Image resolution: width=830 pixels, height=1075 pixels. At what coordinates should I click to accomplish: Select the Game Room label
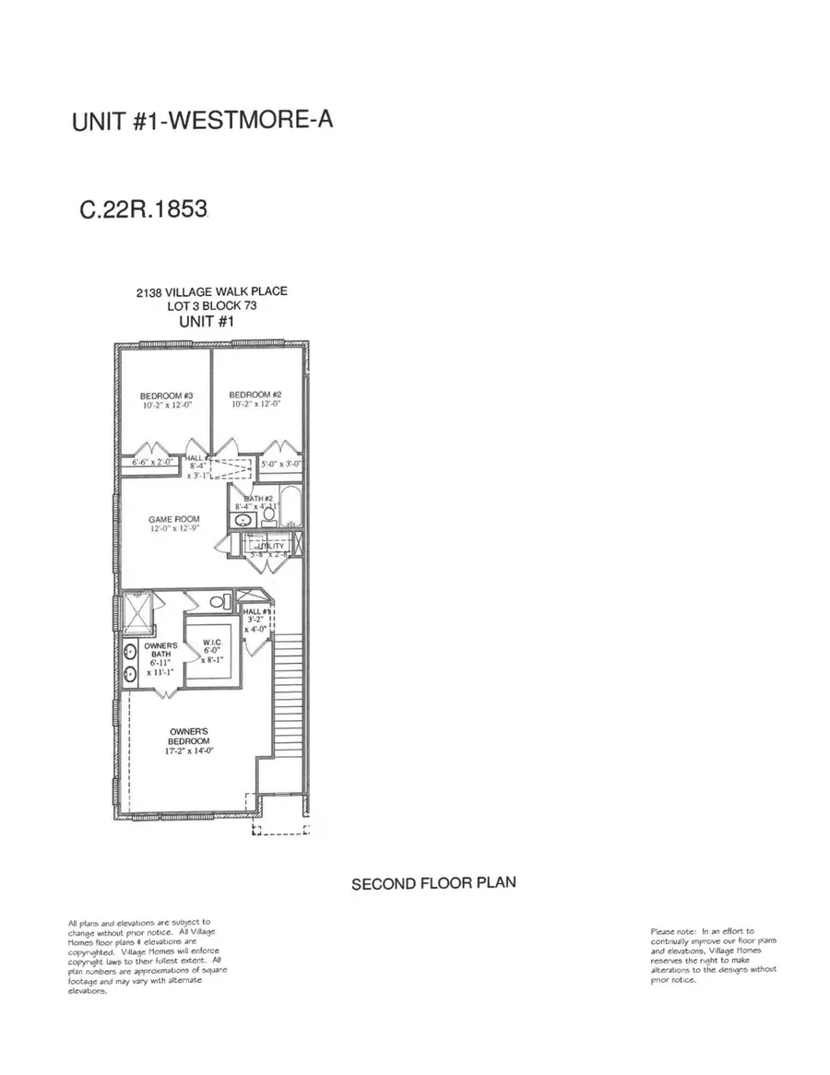[174, 519]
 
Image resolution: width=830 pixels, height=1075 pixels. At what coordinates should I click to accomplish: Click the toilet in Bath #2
[267, 519]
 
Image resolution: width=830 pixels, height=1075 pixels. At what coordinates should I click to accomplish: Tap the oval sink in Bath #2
[243, 520]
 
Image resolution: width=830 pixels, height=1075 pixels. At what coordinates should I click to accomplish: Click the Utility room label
[270, 547]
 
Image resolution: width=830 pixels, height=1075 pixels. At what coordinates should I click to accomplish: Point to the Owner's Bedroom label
[189, 736]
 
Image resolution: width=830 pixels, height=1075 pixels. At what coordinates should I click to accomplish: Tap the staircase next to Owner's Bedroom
[290, 701]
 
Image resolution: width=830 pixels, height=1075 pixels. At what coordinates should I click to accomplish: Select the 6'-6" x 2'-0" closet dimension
[152, 461]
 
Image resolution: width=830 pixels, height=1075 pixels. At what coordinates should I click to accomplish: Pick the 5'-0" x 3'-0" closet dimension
[280, 464]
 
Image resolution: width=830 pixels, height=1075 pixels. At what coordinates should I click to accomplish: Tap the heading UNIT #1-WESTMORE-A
[202, 123]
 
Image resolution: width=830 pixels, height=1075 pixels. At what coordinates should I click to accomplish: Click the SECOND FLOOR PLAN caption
[433, 883]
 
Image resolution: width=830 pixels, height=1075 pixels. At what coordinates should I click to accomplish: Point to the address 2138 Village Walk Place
[211, 291]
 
